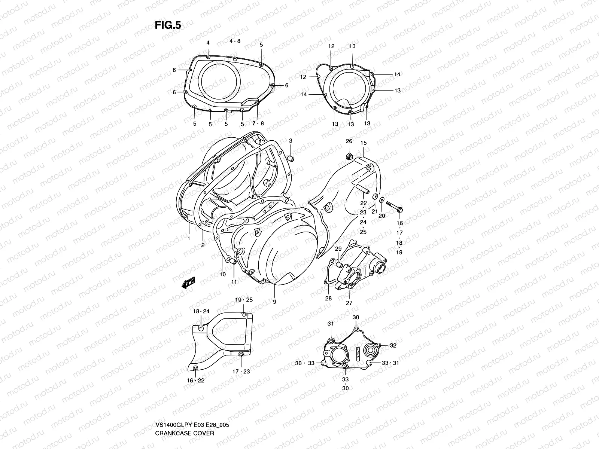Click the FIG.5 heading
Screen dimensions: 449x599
pyautogui.click(x=168, y=25)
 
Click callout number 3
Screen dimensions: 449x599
pyautogui.click(x=290, y=141)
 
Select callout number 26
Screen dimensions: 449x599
pyautogui.click(x=349, y=141)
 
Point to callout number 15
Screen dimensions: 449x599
pyautogui.click(x=364, y=143)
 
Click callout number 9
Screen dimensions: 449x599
pyautogui.click(x=274, y=302)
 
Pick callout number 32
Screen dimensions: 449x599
pyautogui.click(x=393, y=346)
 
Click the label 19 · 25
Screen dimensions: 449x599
pyautogui.click(x=244, y=300)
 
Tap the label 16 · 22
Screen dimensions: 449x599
pyautogui.click(x=196, y=381)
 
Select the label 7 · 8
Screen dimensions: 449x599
pyautogui.click(x=258, y=123)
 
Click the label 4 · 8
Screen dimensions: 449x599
pyautogui.click(x=235, y=41)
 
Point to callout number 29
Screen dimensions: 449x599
pyautogui.click(x=338, y=249)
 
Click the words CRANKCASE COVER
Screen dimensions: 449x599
pyautogui.click(x=185, y=444)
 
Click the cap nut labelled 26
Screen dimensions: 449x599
pyautogui.click(x=350, y=156)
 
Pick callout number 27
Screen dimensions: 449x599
pyautogui.click(x=349, y=303)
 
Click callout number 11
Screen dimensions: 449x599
pyautogui.click(x=234, y=282)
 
